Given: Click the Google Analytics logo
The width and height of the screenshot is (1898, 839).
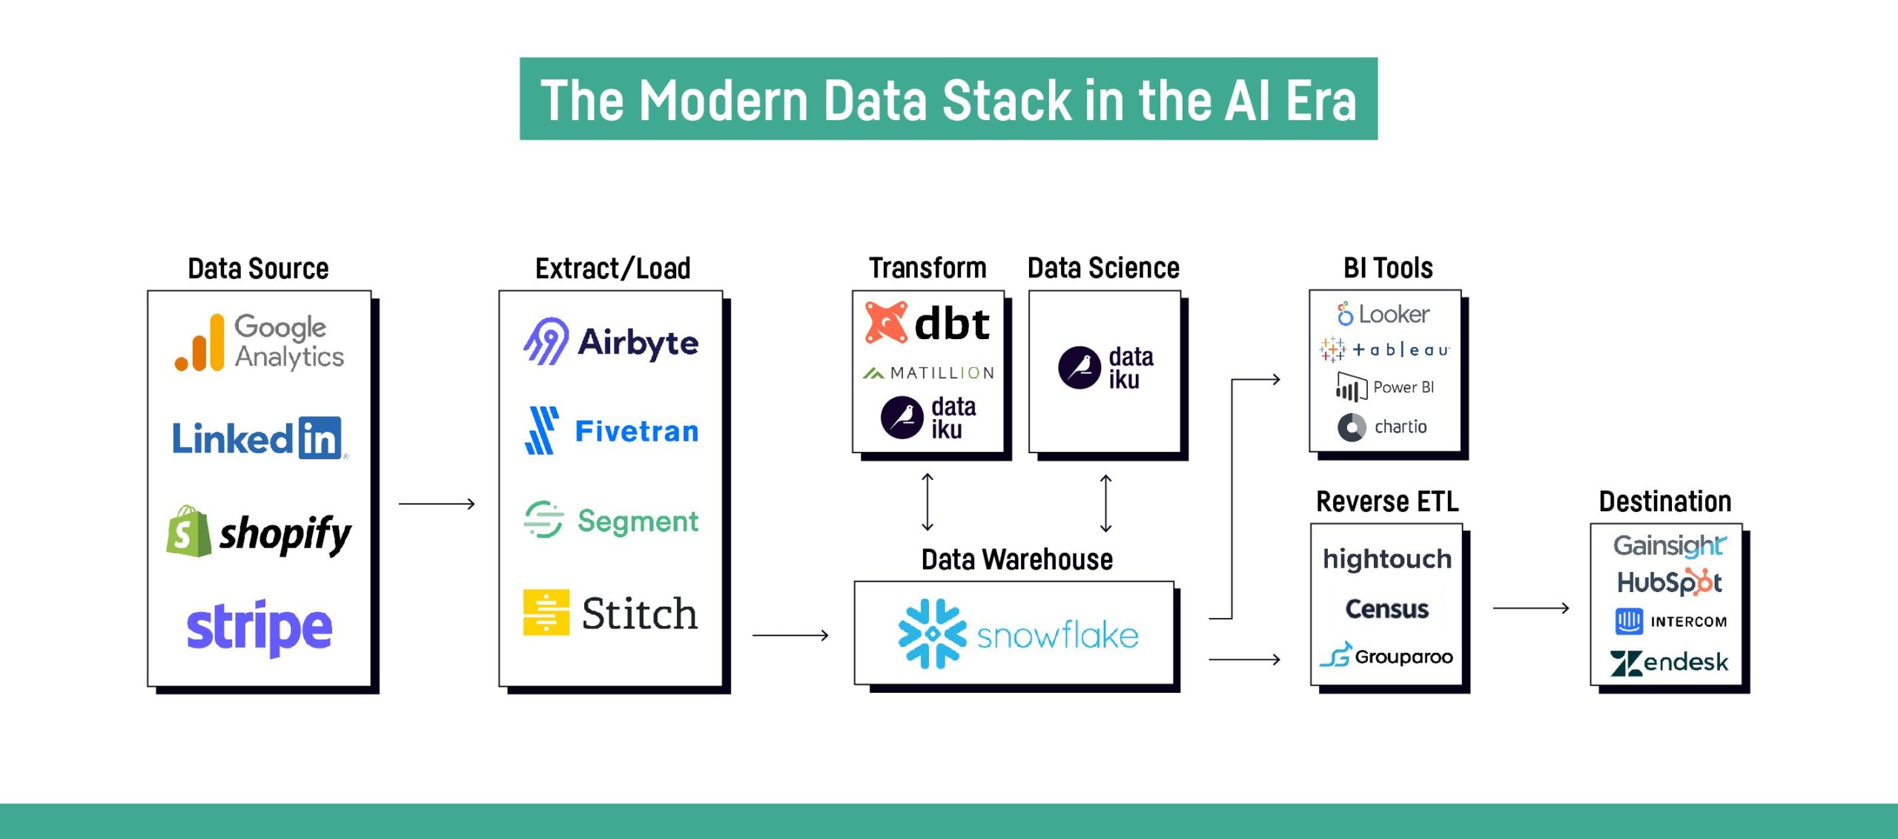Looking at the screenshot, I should tap(259, 343).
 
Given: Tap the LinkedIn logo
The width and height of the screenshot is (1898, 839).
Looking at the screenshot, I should tap(257, 438).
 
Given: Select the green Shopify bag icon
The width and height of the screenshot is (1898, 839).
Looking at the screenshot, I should tap(188, 532).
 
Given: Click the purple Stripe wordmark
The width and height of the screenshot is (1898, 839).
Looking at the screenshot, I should tap(259, 628).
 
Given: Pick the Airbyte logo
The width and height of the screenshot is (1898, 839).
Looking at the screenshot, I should tap(611, 342).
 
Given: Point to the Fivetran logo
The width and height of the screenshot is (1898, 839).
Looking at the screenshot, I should tap(611, 431).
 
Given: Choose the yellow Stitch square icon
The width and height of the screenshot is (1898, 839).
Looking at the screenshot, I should tap(546, 613).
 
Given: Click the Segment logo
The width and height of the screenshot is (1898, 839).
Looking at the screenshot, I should tap(611, 521).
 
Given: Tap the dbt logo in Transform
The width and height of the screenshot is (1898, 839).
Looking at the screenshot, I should tap(927, 323).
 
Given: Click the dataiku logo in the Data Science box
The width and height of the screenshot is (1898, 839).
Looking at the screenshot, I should tap(1105, 368).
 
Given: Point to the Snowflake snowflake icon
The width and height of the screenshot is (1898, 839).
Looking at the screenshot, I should tap(932, 634).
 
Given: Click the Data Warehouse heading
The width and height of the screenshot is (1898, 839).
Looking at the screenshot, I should tap(1016, 559).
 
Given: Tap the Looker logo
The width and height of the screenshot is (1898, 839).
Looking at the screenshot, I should tap(1383, 315).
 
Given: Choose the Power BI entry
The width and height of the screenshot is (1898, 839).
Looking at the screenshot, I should tap(1385, 387).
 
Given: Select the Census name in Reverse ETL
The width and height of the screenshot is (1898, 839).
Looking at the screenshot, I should tap(1386, 609).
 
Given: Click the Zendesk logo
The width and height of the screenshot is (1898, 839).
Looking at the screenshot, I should tap(1668, 662).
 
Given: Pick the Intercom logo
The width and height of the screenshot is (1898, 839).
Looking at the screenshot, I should tap(1670, 622).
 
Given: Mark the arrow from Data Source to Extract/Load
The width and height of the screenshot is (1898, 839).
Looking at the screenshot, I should tap(436, 504).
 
